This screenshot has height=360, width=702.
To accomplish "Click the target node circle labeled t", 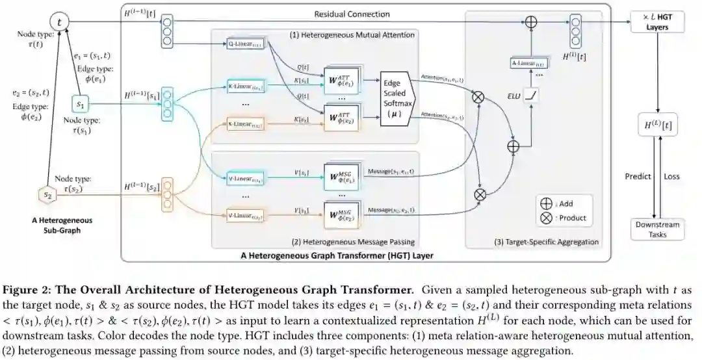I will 60,21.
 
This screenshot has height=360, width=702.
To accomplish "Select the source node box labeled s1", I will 80,103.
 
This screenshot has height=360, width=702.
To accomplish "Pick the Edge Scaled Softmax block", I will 397,99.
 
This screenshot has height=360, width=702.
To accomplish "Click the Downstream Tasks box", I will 658,229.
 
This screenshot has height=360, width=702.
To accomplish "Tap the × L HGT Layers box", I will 658,23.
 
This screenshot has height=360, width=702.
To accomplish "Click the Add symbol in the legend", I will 546,203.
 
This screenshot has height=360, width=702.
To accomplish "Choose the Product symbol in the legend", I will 546,218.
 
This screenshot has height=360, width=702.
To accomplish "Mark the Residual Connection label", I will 352,14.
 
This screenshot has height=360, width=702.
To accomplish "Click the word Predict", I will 638,176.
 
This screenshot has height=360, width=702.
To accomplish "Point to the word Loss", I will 673,176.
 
